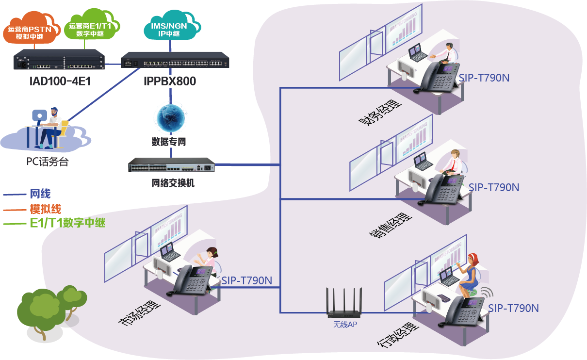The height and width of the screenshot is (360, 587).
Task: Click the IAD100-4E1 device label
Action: [x=60, y=81]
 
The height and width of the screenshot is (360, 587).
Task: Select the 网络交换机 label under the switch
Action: [x=173, y=183]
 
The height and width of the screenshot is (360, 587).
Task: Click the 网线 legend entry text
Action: [x=40, y=194]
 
